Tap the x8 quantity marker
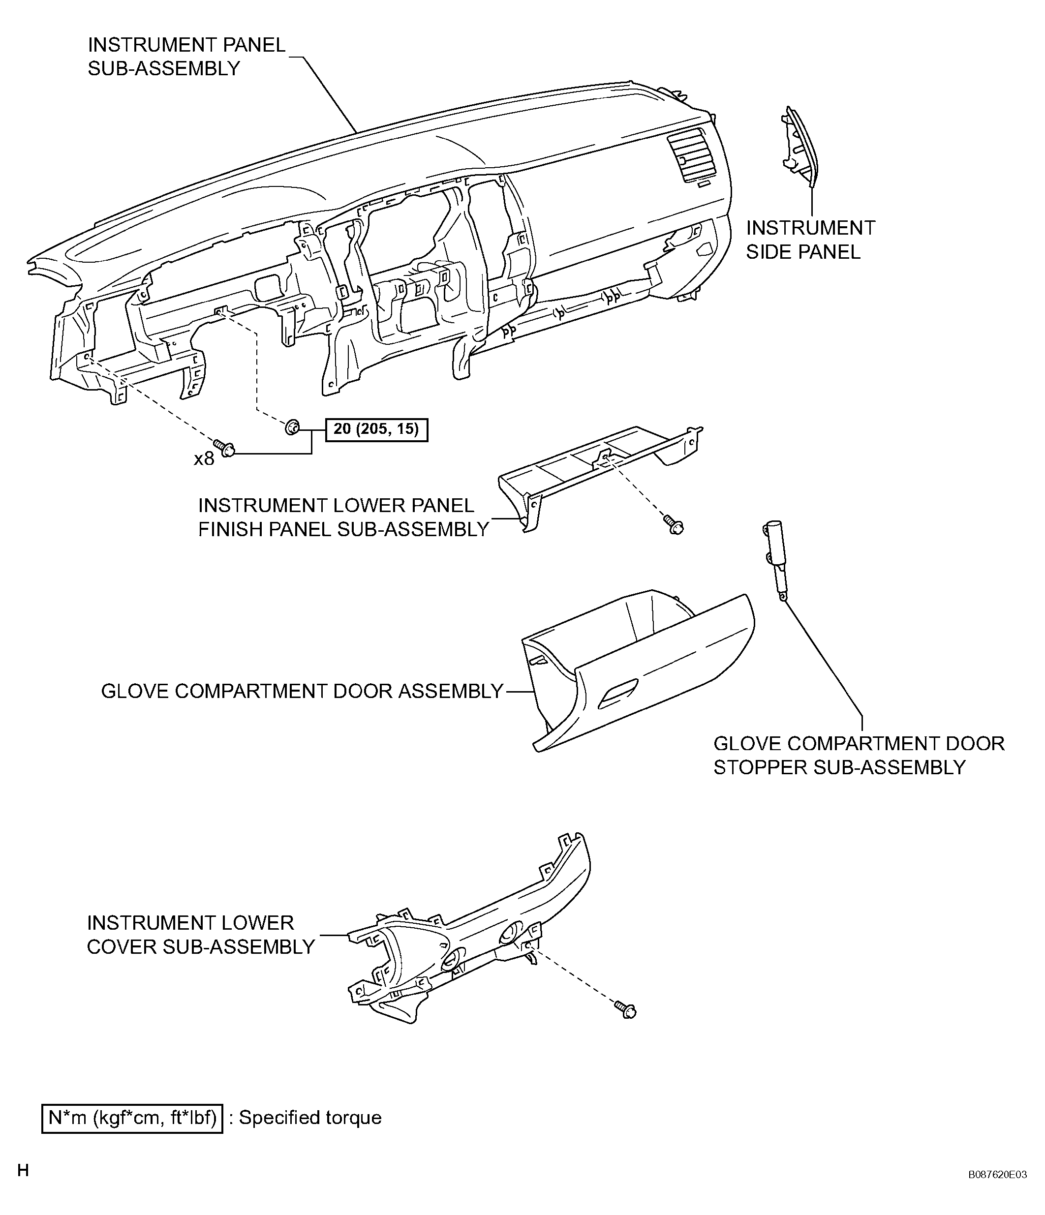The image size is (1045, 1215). click(204, 458)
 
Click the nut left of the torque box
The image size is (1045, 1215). click(291, 428)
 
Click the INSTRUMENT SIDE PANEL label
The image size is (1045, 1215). click(810, 240)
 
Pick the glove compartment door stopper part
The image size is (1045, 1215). click(775, 560)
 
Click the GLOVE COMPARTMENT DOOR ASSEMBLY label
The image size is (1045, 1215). click(303, 691)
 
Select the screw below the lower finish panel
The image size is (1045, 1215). click(673, 524)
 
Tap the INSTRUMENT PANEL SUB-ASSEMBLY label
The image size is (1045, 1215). click(186, 56)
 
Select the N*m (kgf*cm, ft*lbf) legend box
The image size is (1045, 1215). click(132, 1118)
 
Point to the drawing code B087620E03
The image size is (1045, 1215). click(997, 1191)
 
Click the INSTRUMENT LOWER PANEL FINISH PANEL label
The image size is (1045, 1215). click(343, 517)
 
